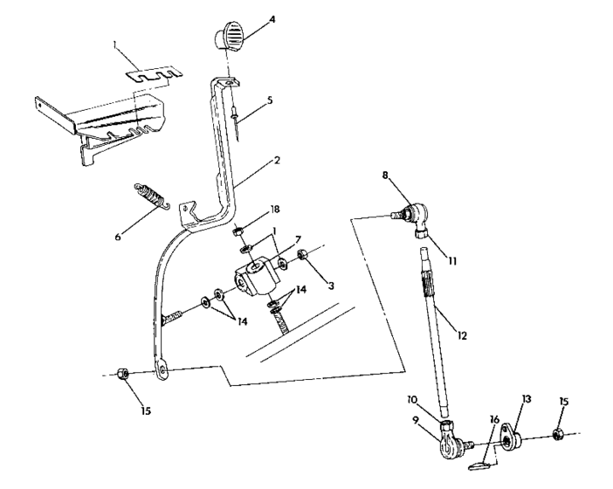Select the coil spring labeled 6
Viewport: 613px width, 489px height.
(x=152, y=197)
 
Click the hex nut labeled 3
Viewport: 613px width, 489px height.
(x=302, y=257)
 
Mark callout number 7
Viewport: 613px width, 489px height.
(x=298, y=241)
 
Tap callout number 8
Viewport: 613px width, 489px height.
(x=384, y=176)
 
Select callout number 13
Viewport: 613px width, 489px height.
(x=526, y=396)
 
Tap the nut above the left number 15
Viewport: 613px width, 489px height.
(x=124, y=374)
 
